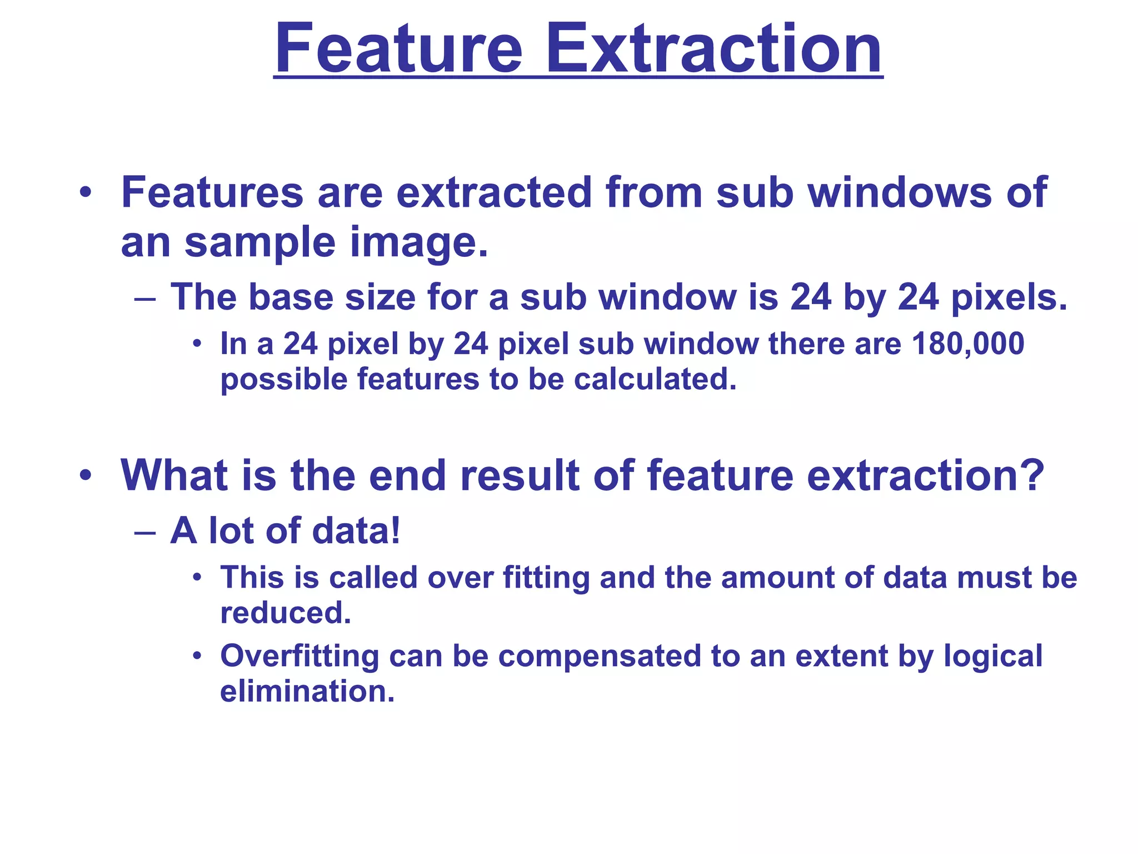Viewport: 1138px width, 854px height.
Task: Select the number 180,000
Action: [x=968, y=344]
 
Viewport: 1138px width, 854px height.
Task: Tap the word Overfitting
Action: [x=300, y=656]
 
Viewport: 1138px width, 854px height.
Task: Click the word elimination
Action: [x=307, y=691]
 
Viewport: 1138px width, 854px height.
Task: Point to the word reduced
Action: [x=286, y=613]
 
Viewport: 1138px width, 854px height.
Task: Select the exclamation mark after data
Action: [x=395, y=530]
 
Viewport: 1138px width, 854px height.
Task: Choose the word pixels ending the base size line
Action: [x=1009, y=297]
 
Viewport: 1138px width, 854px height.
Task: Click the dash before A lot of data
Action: [x=145, y=532]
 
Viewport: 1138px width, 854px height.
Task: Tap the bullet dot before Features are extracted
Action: [x=85, y=193]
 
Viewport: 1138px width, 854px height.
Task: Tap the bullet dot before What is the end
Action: [x=85, y=476]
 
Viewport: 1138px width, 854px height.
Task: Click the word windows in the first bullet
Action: [x=899, y=192]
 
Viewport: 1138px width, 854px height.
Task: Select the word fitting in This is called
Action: [x=546, y=577]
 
